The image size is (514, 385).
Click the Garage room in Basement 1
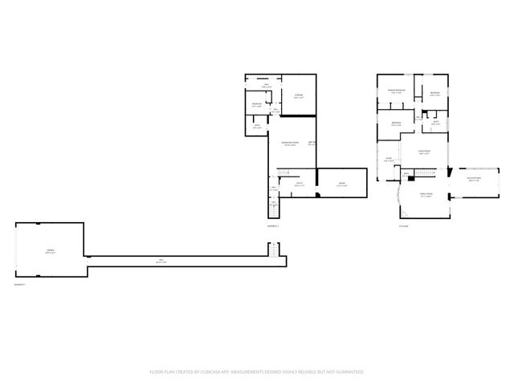tap(50, 252)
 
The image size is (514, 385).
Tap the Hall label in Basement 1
tap(161, 261)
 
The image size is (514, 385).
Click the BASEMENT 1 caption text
tap(19, 286)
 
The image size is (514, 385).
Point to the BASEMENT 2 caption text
tap(273, 227)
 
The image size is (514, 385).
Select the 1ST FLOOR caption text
tap(404, 227)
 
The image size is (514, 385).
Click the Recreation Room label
tap(290, 144)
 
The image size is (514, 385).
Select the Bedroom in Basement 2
tap(256, 104)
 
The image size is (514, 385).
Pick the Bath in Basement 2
tap(258, 127)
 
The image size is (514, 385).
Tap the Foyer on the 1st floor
tap(389, 160)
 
